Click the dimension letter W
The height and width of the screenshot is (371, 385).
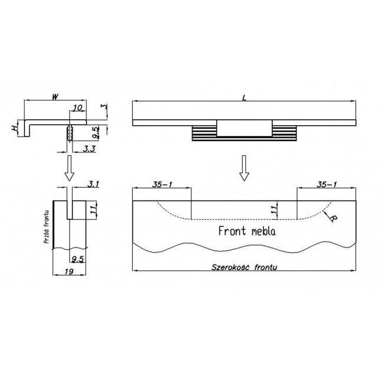(56, 97)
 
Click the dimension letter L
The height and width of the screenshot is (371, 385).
(244, 98)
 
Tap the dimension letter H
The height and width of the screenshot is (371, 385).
(15, 128)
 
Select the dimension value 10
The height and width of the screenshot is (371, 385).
(77, 108)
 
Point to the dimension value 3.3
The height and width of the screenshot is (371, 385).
(89, 148)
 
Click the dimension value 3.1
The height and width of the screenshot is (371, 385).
(93, 184)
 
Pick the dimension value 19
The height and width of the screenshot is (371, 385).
(69, 271)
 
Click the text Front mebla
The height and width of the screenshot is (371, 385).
(247, 231)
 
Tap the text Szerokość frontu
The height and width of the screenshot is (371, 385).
(244, 267)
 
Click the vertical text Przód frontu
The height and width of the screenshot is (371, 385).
(46, 227)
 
